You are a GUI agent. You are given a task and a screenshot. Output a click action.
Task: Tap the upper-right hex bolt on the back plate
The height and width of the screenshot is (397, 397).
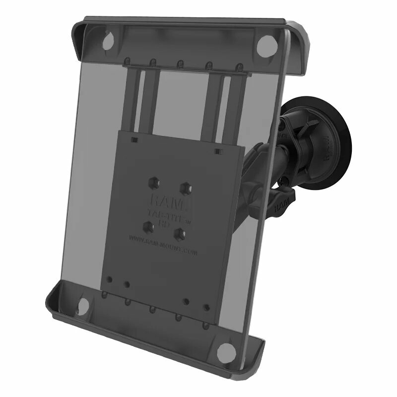click(187, 187)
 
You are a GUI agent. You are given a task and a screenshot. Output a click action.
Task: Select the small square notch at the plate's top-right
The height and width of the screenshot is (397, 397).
click(217, 150)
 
